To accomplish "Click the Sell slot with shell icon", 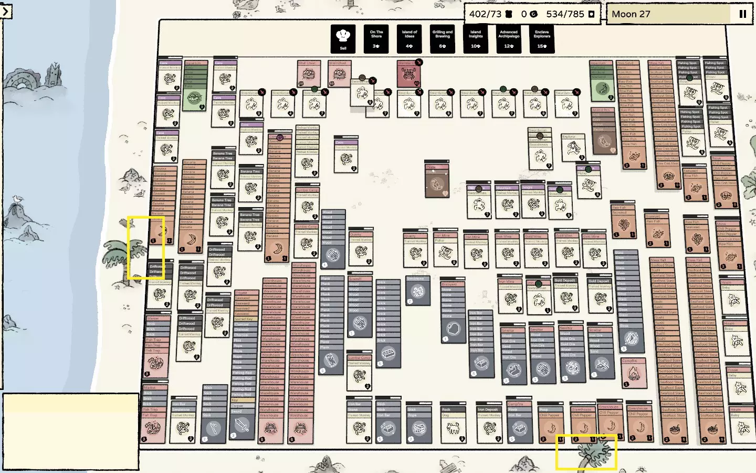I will (343, 38).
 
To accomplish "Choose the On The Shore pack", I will (376, 38).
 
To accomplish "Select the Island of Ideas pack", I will (409, 38).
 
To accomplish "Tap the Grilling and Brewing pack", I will (442, 38).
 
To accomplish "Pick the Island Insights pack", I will (476, 38).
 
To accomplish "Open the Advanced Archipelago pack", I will (509, 38).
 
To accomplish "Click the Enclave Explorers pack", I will (542, 38).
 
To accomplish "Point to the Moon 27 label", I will (631, 14).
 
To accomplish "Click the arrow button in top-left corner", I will (5, 11).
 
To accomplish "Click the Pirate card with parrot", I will (436, 181).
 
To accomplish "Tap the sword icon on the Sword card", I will (242, 425).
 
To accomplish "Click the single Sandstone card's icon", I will (418, 291).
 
